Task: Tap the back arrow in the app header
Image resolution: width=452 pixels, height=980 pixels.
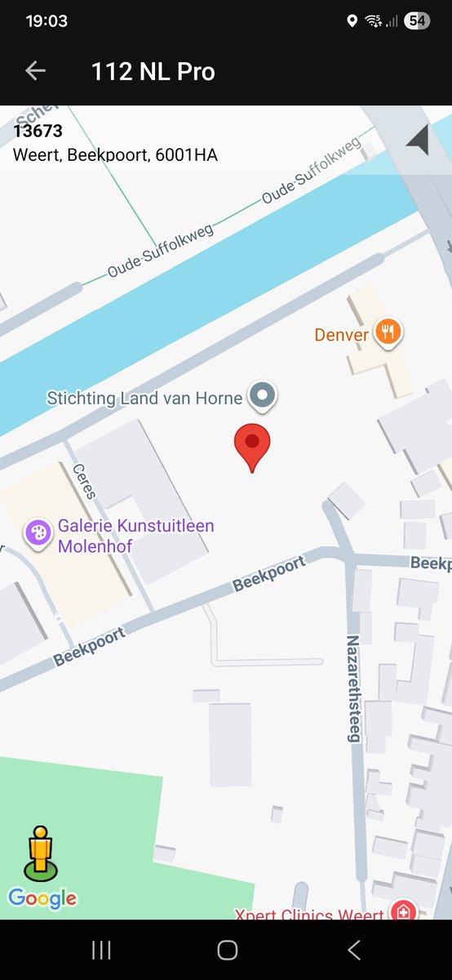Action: point(35,71)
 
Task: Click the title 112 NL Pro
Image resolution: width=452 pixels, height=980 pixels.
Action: point(153,72)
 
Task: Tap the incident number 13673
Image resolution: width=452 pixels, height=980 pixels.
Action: point(38,131)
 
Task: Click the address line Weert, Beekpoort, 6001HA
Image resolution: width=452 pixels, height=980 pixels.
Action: point(115,154)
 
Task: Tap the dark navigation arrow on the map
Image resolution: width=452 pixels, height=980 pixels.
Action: point(417,140)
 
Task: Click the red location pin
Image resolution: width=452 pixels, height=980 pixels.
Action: point(252,446)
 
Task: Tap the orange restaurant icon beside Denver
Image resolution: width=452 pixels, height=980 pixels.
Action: point(389,332)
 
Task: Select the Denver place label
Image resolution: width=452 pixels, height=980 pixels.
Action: point(341,335)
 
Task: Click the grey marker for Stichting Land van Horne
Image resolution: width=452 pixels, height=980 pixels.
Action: point(262,397)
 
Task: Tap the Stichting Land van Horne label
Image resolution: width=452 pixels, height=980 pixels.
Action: point(144,399)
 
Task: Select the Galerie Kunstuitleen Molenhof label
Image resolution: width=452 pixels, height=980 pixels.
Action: point(135,536)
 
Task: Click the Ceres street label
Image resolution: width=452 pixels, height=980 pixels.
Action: point(85,482)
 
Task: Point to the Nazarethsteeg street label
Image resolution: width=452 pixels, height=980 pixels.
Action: point(353,688)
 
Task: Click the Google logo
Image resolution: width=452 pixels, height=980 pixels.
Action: point(42,898)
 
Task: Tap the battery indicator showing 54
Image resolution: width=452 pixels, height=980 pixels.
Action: point(417,21)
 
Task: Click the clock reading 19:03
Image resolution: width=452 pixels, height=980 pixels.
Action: point(47,21)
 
